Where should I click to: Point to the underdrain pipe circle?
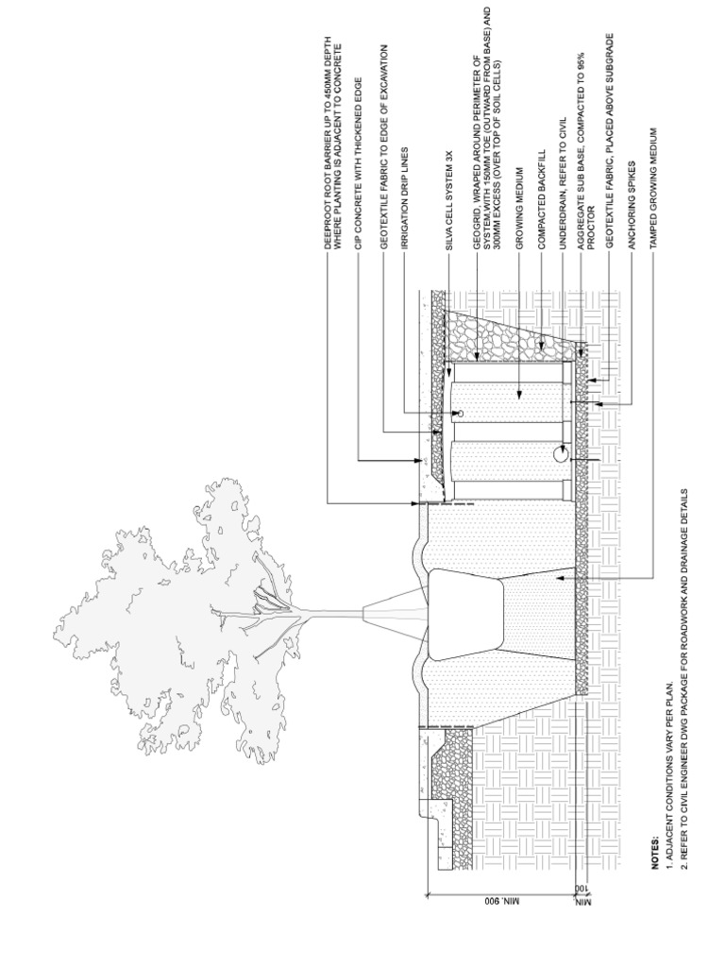pyautogui.click(x=560, y=455)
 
